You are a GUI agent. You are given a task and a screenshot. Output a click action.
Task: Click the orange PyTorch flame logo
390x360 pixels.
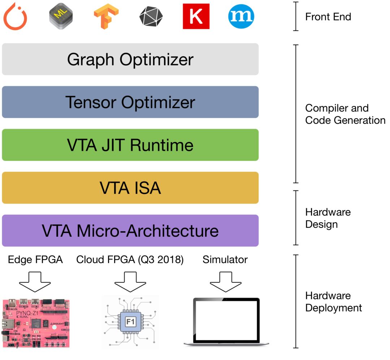click(x=15, y=16)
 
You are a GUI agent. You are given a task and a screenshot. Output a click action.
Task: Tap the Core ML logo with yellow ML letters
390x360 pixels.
click(x=61, y=16)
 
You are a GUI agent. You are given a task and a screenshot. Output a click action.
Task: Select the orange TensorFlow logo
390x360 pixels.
click(x=106, y=16)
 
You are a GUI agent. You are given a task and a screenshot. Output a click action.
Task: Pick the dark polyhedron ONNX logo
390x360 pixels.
click(x=151, y=16)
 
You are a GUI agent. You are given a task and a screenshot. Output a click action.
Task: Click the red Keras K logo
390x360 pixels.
click(x=196, y=16)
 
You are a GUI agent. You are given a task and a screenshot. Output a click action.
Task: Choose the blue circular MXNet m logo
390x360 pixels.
click(x=241, y=16)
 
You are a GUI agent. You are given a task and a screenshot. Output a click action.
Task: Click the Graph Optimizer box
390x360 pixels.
click(x=130, y=59)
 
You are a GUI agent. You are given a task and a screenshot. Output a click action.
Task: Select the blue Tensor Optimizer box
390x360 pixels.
click(x=130, y=102)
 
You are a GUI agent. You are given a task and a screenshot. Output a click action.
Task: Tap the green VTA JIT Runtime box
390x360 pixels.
click(x=130, y=145)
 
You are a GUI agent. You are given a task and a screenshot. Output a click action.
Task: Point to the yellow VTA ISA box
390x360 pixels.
click(x=130, y=188)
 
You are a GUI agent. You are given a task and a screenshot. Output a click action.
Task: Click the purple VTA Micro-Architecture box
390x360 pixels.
click(x=130, y=231)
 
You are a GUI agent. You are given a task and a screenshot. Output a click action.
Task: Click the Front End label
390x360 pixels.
click(x=328, y=17)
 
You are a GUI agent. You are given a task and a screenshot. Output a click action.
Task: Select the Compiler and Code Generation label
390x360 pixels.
click(x=345, y=114)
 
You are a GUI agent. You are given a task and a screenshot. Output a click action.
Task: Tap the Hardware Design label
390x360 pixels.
click(x=328, y=218)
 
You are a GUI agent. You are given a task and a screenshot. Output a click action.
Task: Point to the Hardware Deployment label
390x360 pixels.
click(x=334, y=302)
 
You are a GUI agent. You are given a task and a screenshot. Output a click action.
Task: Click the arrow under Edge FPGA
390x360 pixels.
click(x=35, y=282)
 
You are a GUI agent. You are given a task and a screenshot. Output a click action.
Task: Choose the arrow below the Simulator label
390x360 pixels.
click(x=226, y=282)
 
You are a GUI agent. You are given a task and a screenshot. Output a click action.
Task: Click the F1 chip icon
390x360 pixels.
click(x=130, y=322)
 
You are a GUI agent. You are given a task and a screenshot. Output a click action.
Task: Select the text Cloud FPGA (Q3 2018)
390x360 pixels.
click(x=130, y=260)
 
